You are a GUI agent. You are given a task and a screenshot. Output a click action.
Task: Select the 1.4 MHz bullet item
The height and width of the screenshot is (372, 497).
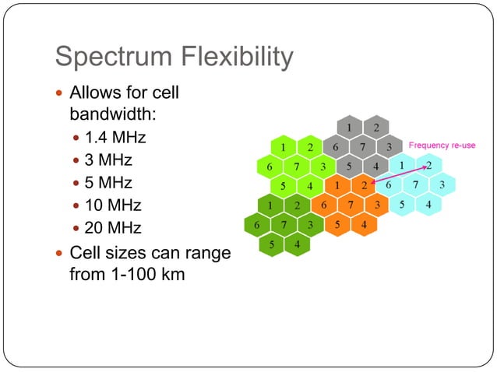[x=115, y=139]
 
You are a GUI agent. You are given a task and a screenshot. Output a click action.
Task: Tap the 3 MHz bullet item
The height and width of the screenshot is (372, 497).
[x=108, y=161]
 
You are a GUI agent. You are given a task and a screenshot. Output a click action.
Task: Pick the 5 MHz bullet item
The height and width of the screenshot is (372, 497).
[x=108, y=184]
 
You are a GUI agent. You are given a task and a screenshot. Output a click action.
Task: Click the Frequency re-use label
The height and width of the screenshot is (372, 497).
[x=442, y=146]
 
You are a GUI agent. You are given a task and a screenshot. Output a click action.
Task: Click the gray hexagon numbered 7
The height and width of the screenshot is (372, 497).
[x=361, y=146]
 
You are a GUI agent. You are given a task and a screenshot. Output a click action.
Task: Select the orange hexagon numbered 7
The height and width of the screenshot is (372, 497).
[x=351, y=205]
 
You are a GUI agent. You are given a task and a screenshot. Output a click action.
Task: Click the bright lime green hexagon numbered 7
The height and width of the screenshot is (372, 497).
[x=296, y=166]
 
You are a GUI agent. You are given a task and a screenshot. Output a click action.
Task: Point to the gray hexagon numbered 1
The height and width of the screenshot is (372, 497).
[x=350, y=127]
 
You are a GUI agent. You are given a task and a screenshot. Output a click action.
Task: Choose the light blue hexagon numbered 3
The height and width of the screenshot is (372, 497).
[x=442, y=185]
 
